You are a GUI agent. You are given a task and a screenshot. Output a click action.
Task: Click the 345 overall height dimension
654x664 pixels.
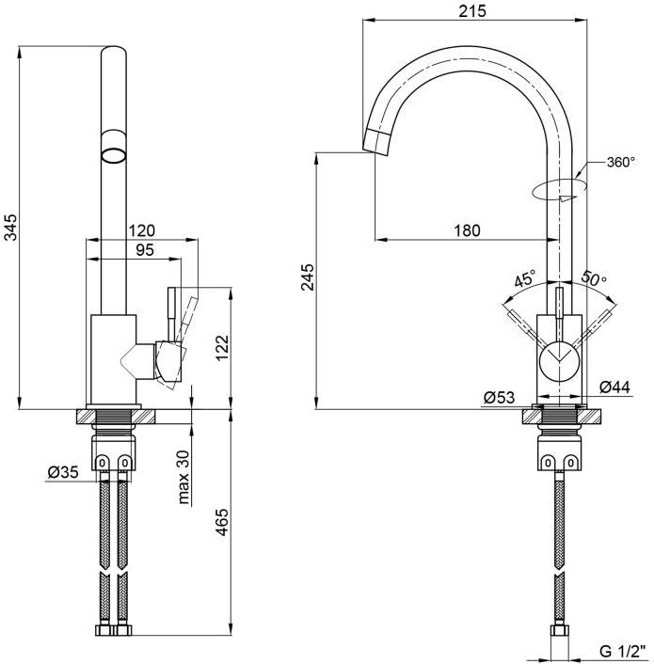[11, 228]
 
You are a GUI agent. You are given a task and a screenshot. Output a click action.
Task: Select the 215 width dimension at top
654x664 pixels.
[472, 11]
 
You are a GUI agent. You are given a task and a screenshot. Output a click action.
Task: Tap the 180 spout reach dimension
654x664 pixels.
[468, 230]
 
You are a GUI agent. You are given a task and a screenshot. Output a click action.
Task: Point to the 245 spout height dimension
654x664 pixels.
[308, 277]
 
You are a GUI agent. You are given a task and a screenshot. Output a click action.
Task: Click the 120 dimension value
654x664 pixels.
[142, 230]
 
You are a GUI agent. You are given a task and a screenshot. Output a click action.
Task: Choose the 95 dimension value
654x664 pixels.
[145, 250]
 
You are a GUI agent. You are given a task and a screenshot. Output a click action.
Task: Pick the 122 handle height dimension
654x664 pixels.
[222, 348]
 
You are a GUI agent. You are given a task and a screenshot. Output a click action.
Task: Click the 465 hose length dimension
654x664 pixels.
[222, 522]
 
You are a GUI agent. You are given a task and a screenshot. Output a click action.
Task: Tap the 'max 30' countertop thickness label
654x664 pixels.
[183, 477]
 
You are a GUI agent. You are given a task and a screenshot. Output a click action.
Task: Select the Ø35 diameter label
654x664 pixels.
[63, 472]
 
